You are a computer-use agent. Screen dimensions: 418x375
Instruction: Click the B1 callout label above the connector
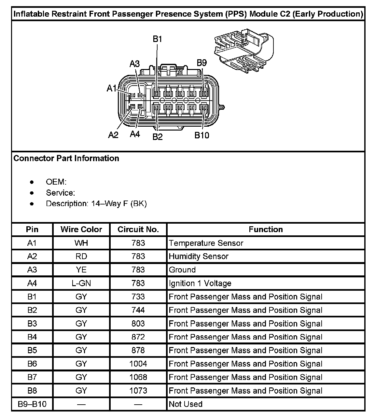coord(158,39)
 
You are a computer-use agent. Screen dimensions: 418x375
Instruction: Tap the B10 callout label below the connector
coord(202,135)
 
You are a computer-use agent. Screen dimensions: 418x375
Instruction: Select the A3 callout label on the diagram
coord(135,64)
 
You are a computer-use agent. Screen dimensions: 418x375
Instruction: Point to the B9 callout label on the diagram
coord(202,63)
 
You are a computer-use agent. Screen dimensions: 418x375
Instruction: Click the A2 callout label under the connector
coord(113,135)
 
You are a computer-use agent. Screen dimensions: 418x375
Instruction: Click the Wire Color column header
coord(81,230)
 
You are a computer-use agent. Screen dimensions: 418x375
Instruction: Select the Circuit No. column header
coord(138,230)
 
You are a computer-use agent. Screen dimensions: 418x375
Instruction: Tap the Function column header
coord(266,230)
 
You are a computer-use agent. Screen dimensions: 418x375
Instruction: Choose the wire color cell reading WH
coord(81,243)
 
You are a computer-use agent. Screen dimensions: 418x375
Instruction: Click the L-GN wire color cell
coord(81,284)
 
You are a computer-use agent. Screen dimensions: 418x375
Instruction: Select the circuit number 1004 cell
coord(138,364)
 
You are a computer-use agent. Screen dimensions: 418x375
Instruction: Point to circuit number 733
coord(138,297)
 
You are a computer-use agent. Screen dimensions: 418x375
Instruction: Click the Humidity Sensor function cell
coord(199,257)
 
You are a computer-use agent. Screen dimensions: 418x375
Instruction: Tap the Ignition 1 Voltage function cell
coord(200,284)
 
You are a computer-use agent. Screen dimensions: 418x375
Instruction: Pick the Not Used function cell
coord(186,404)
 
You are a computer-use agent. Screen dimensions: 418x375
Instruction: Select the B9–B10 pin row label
coord(32,404)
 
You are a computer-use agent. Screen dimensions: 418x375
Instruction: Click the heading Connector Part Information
coord(66,159)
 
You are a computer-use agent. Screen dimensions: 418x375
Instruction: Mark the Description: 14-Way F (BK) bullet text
coord(96,204)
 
